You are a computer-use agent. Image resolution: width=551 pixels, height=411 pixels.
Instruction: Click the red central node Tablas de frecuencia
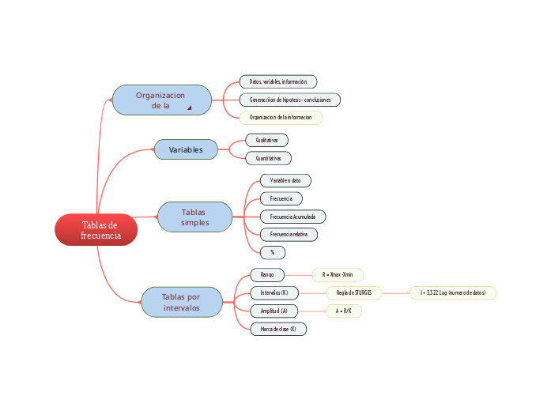96,230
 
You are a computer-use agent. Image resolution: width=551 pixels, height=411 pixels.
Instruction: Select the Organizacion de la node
161,100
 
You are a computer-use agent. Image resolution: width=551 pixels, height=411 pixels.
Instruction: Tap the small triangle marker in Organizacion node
189,107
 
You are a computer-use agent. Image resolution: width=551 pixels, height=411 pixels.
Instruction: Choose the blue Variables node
186,149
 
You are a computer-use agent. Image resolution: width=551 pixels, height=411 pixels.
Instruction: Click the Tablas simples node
194,217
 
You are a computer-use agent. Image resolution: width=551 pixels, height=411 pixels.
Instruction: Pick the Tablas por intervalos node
181,302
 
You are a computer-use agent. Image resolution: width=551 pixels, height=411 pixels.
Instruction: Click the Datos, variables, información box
277,81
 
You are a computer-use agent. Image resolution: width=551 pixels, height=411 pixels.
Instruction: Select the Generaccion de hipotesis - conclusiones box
290,100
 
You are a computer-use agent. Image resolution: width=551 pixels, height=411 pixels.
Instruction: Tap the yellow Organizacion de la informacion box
281,118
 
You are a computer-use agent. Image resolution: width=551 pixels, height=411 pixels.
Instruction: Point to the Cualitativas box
266,140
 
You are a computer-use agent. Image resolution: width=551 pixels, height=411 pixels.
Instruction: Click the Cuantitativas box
268,158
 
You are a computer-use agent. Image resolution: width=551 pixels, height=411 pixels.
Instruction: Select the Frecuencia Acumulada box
292,217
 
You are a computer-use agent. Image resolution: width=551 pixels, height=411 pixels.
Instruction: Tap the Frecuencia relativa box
289,235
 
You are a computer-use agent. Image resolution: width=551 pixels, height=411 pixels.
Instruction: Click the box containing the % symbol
272,252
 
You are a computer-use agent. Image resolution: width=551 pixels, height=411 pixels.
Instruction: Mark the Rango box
267,274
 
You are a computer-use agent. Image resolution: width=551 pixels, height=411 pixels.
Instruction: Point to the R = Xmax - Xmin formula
338,274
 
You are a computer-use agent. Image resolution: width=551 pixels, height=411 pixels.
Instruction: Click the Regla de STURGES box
353,292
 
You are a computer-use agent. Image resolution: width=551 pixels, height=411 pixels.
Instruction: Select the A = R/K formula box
343,311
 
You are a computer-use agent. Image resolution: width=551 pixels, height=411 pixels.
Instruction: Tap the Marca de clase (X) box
277,329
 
